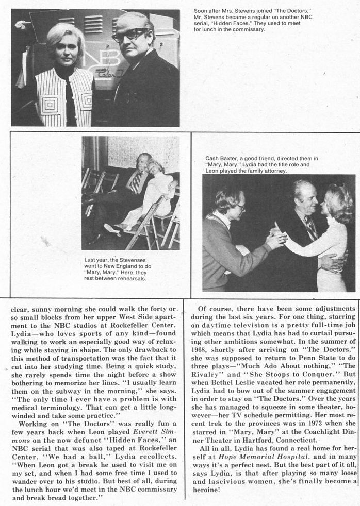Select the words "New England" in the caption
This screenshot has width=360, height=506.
point(126,266)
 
